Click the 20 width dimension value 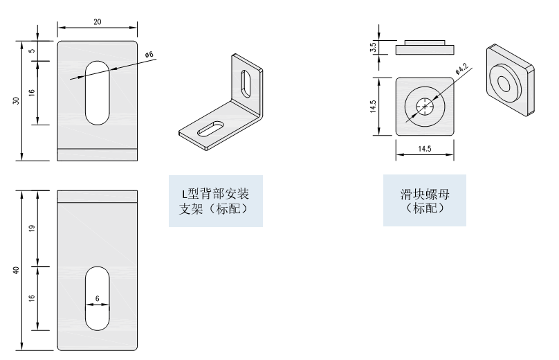97,21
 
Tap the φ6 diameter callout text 149,55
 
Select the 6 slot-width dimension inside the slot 97,298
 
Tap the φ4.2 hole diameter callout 461,69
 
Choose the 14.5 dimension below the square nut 425,149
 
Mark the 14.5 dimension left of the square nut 373,107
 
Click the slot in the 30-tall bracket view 97,92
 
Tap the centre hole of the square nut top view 425,107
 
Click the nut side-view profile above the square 425,48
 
